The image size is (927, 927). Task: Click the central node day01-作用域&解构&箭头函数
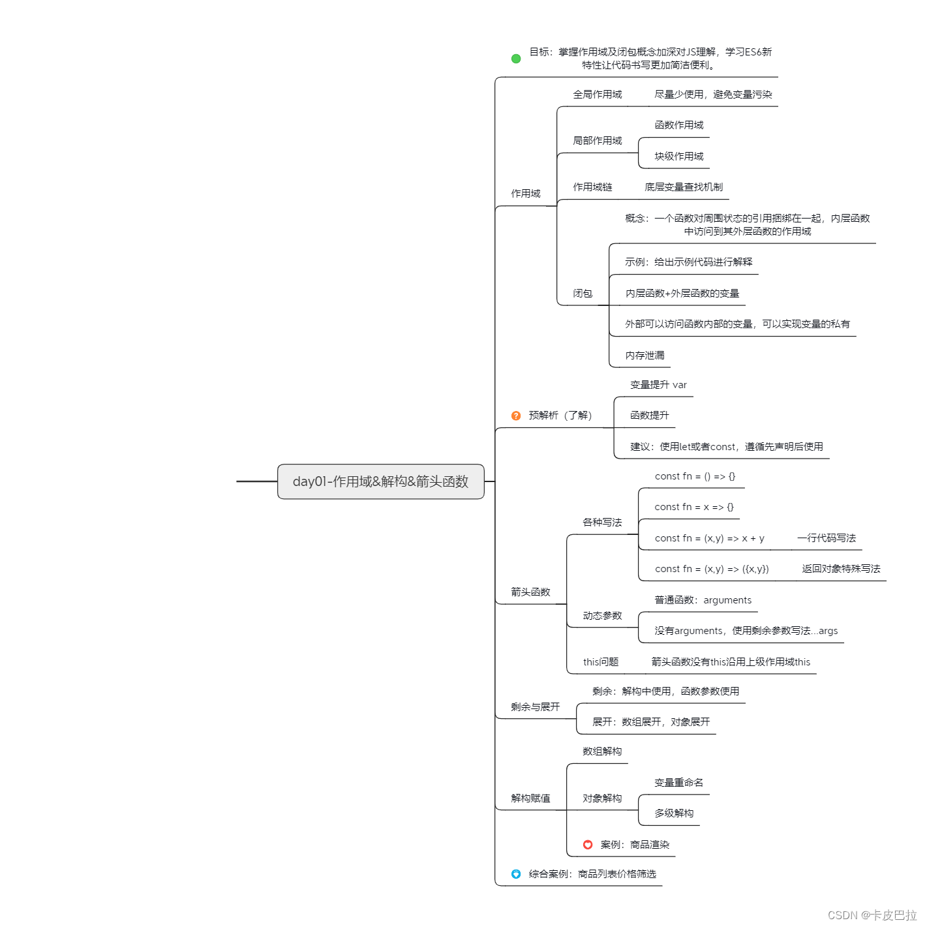point(380,481)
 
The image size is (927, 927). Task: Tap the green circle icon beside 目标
point(516,59)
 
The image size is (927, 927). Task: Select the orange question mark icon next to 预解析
point(516,416)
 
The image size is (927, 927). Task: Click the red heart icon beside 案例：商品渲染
point(588,845)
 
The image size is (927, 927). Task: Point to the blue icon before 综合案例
point(516,874)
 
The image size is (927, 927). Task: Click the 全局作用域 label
point(597,95)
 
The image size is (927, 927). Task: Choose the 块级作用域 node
point(679,157)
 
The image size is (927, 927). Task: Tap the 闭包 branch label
point(583,294)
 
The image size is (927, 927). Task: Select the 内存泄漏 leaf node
point(645,356)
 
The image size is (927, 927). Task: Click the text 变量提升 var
point(658,385)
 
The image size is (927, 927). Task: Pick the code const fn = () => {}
point(695,477)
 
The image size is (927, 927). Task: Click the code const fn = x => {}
point(694,508)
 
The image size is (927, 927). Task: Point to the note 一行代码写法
point(826,538)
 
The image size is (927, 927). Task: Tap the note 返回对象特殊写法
point(841,569)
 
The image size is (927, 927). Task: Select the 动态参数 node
point(602,616)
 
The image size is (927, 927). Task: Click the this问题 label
point(601,662)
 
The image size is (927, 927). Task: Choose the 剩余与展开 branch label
point(535,707)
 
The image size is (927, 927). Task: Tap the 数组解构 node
point(602,752)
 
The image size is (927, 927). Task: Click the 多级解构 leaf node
point(674,813)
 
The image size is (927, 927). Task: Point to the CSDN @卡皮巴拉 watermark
point(872,915)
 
